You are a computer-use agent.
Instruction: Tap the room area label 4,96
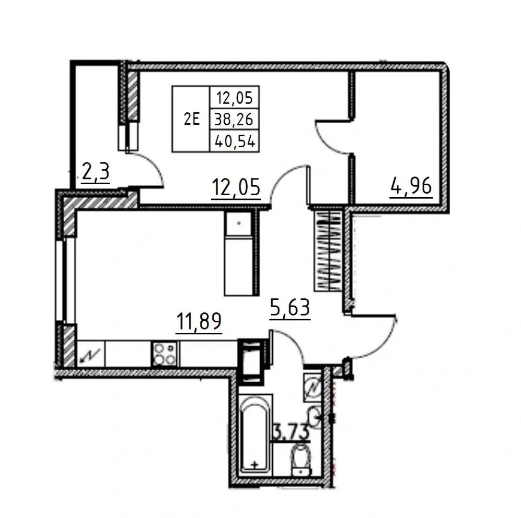pos(411,187)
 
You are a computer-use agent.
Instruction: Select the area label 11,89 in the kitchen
pos(199,321)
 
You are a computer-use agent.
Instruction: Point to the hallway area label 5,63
pos(290,308)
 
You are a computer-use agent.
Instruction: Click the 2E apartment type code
pos(192,119)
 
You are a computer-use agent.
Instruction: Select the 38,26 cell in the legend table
pos(234,119)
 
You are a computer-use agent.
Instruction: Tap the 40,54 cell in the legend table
pos(235,141)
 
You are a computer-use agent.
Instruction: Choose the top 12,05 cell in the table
pos(234,98)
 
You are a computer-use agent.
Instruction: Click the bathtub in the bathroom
pos(255,433)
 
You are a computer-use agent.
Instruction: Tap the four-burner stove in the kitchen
pos(165,354)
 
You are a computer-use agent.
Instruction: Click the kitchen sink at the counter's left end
pos(91,354)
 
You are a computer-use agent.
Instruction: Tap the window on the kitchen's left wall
pos(62,280)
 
